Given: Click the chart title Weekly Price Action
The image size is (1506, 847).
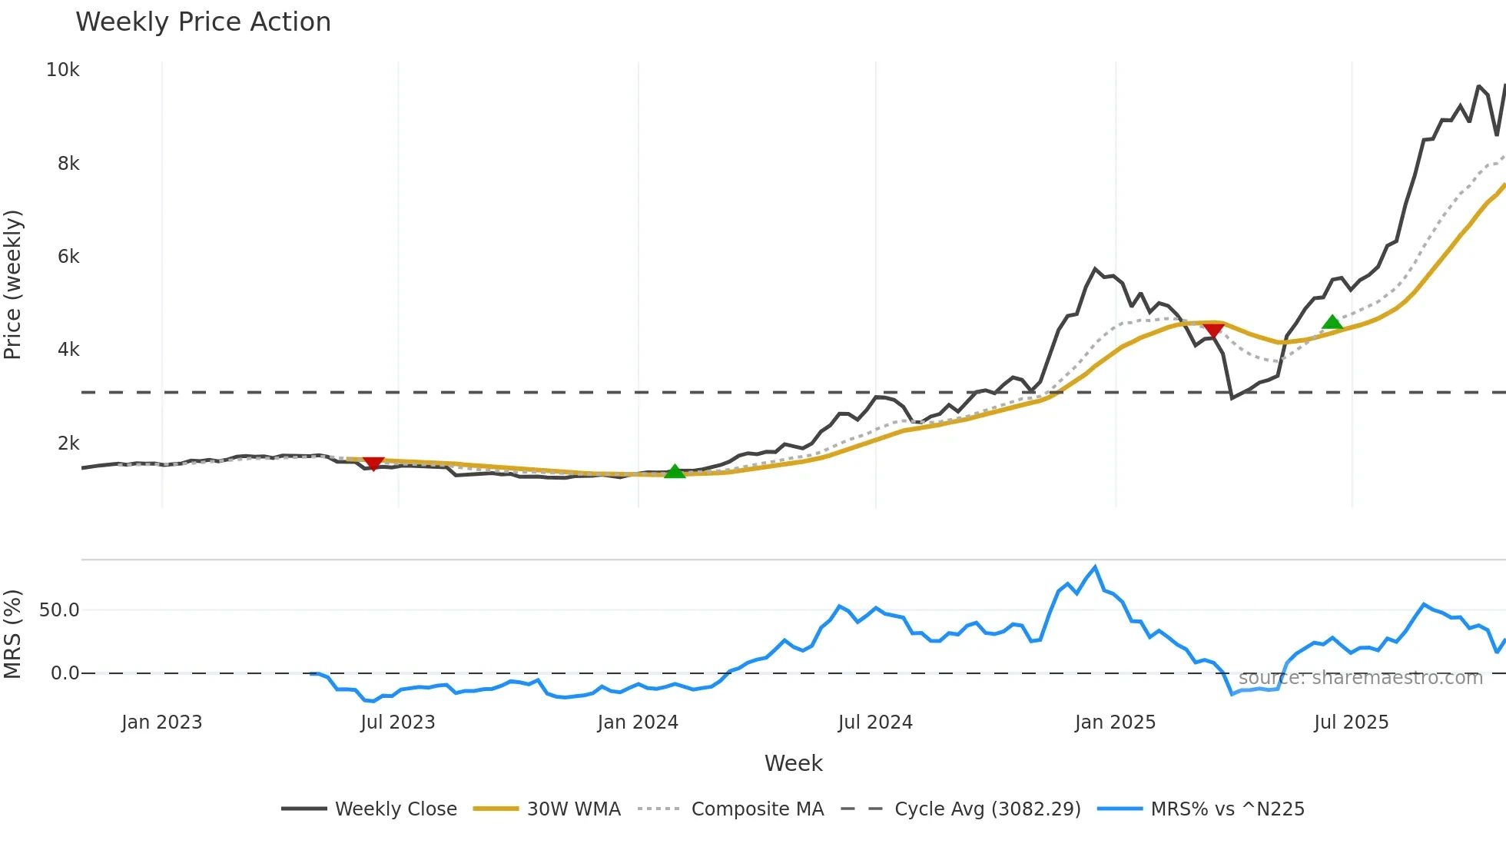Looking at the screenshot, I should (203, 22).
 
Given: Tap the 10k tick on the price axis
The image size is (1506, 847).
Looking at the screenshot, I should (63, 70).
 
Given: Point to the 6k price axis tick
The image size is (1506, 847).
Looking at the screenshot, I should (68, 257).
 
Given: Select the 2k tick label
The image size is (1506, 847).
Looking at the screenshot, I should (68, 443).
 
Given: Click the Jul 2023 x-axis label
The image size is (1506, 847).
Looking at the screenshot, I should (398, 722).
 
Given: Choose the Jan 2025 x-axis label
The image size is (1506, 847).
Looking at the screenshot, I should (1115, 722).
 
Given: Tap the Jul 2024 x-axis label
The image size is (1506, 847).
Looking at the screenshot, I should (875, 722).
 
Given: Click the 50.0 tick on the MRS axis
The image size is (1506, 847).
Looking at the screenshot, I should (59, 610).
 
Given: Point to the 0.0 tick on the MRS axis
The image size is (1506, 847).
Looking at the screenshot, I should (65, 673).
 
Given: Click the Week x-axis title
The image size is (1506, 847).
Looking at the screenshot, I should (793, 763).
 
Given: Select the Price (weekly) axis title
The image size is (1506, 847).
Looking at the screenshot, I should (13, 284).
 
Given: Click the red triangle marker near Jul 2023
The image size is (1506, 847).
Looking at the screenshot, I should (373, 463).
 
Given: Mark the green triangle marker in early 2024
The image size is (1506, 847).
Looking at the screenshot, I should (675, 472).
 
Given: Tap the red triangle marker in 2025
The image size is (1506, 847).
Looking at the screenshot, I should (1213, 330).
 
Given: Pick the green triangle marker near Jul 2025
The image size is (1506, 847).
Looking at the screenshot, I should (1332, 322).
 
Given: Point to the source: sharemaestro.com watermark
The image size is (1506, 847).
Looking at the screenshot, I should (1360, 678).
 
